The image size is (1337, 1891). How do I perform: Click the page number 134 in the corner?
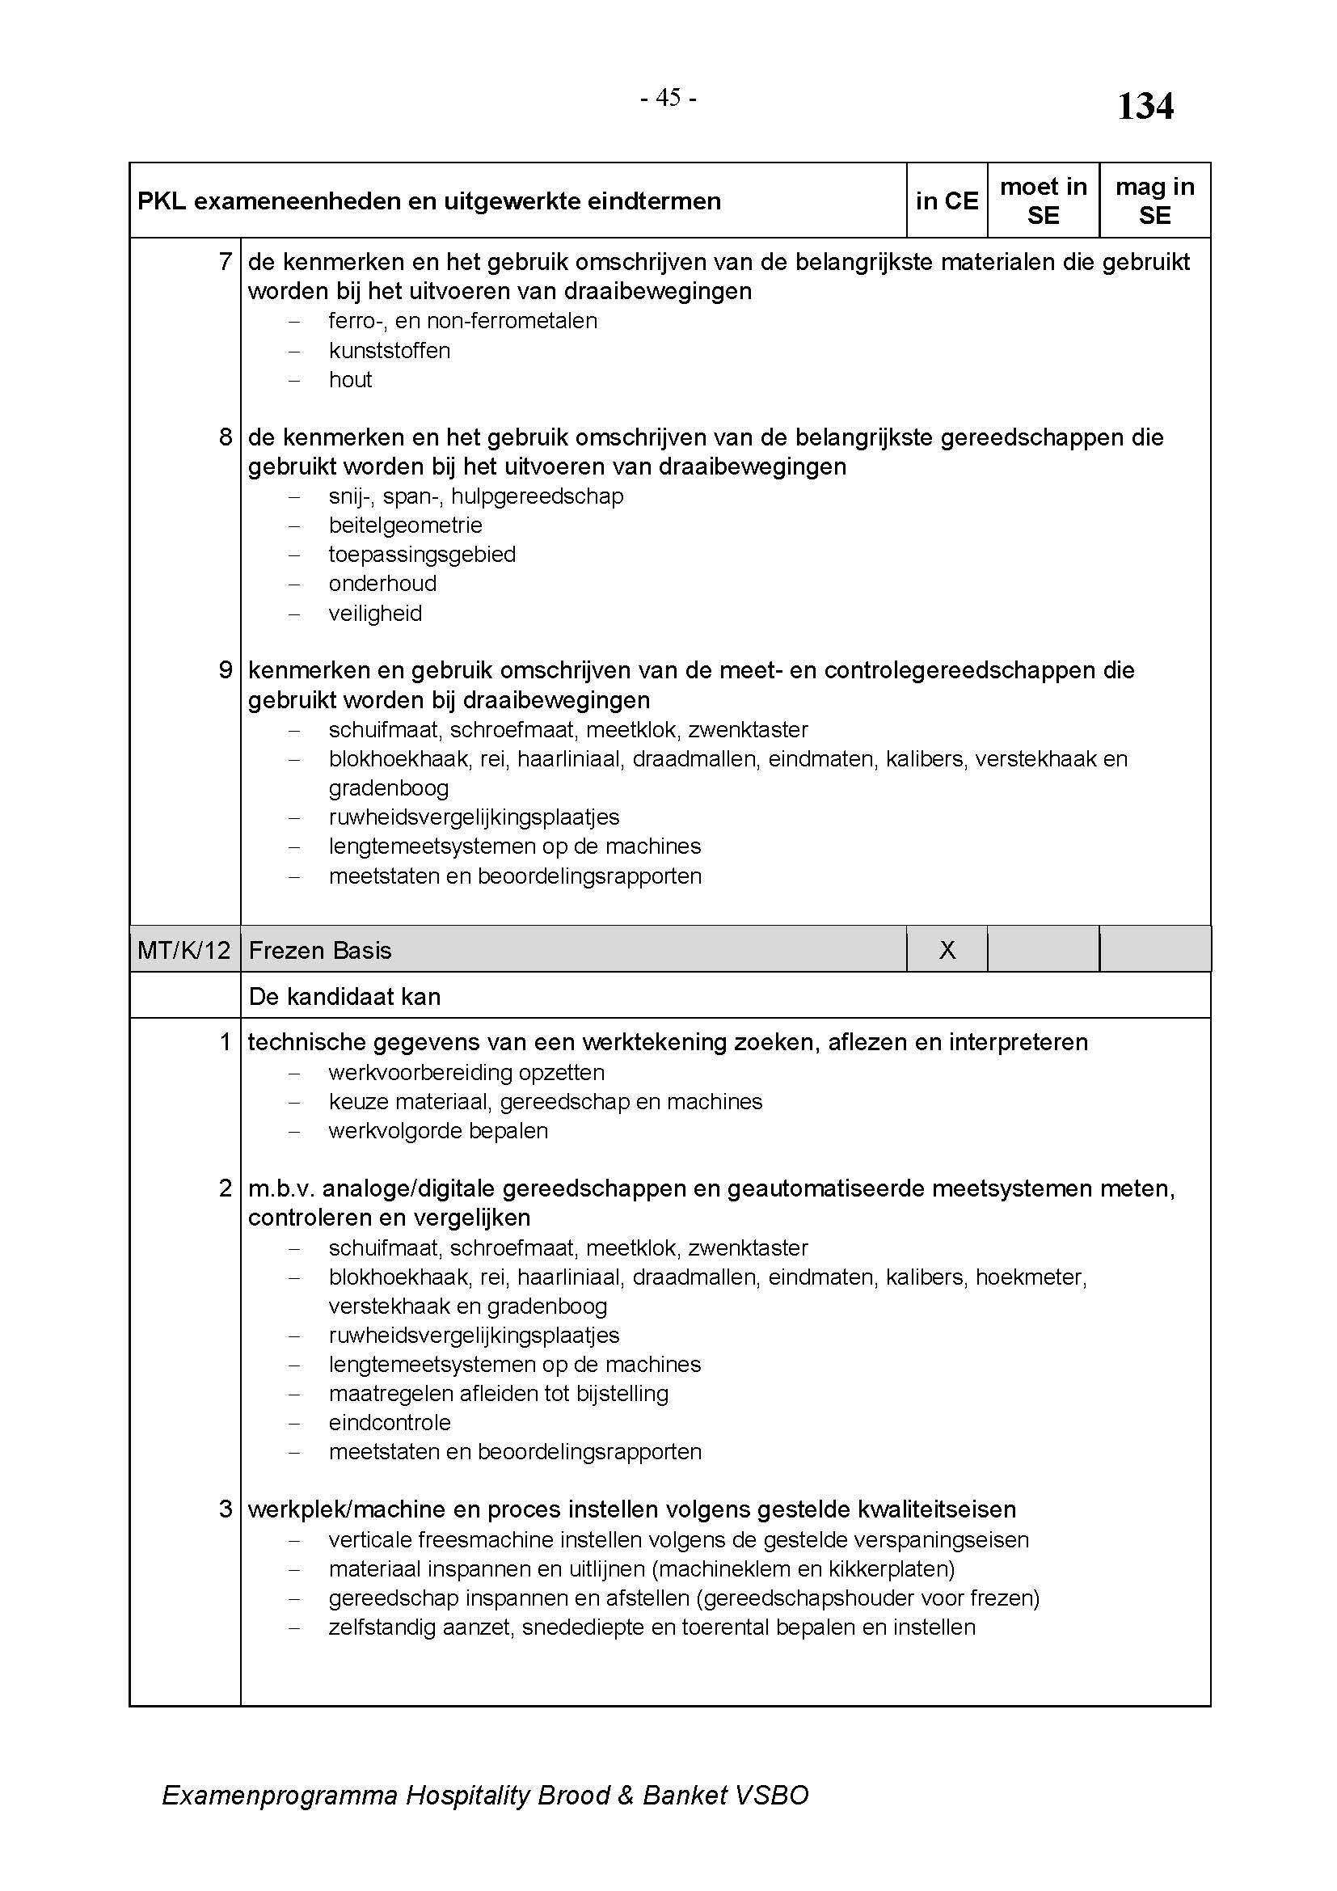pyautogui.click(x=1145, y=107)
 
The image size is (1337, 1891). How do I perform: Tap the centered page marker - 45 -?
pyautogui.click(x=668, y=98)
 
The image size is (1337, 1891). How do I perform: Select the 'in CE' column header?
pyautogui.click(x=946, y=201)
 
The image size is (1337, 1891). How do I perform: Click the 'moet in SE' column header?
pyautogui.click(x=1043, y=201)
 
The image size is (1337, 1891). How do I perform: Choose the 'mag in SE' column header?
pyautogui.click(x=1154, y=201)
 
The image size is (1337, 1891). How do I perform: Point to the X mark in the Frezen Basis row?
pyautogui.click(x=947, y=950)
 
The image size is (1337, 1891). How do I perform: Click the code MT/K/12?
pyautogui.click(x=183, y=951)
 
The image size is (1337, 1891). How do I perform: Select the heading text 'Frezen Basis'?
pyautogui.click(x=319, y=951)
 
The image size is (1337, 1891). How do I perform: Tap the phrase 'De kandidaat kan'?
pyautogui.click(x=344, y=997)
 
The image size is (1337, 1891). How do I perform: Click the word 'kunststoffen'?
pyautogui.click(x=390, y=351)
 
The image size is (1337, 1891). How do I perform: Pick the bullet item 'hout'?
pyautogui.click(x=350, y=380)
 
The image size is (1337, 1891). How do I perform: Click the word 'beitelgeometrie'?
pyautogui.click(x=405, y=526)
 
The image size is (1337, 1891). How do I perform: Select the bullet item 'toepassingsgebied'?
pyautogui.click(x=421, y=555)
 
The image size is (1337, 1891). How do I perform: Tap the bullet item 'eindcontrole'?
pyautogui.click(x=390, y=1422)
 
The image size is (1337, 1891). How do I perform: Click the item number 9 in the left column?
pyautogui.click(x=226, y=670)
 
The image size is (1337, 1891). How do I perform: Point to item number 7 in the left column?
pyautogui.click(x=226, y=262)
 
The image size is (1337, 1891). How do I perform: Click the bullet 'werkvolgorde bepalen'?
pyautogui.click(x=438, y=1131)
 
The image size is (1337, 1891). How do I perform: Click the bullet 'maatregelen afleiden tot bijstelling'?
pyautogui.click(x=498, y=1394)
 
